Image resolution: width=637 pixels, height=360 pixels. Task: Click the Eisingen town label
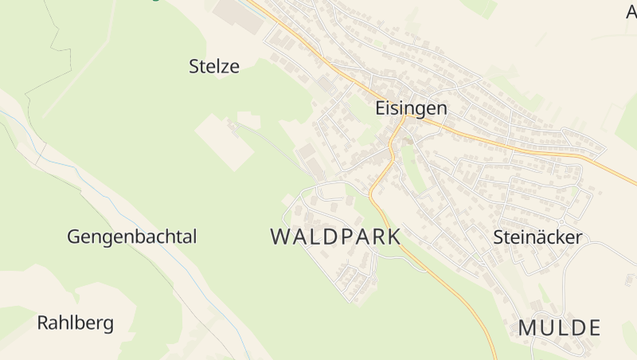coord(411,108)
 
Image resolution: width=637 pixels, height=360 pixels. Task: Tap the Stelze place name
coord(214,66)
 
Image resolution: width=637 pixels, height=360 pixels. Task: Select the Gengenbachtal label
coord(131,237)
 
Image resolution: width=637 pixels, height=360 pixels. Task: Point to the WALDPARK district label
coord(335,237)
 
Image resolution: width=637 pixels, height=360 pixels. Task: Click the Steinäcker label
coord(537,237)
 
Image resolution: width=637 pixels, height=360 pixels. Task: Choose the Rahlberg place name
coord(75,323)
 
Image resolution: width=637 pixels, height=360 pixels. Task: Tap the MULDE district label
coord(559,327)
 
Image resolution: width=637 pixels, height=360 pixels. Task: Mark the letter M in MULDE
coord(527,327)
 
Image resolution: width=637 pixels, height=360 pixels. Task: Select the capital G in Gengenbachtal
coord(74,237)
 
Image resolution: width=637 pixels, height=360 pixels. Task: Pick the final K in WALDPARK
coord(393,237)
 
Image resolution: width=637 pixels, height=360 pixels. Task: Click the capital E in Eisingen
coord(380,108)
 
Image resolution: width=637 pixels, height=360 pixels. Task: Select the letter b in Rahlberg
coord(80,323)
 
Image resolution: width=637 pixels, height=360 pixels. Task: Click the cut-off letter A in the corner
coord(631,10)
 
